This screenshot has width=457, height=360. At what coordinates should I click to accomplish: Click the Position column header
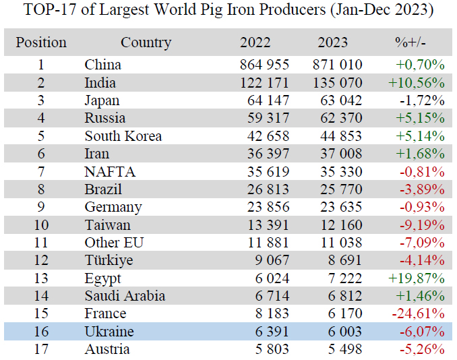click(41, 42)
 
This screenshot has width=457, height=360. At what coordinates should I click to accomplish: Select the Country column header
click(146, 42)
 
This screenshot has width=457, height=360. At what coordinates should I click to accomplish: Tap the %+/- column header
click(410, 42)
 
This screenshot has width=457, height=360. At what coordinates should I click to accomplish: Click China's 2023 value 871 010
click(338, 65)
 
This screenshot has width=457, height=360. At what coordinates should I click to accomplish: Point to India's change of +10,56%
click(417, 83)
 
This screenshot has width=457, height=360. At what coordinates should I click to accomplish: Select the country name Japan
click(102, 101)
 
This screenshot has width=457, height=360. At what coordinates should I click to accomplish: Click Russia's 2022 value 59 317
click(264, 119)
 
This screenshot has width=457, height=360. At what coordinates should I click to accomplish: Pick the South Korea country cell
click(123, 136)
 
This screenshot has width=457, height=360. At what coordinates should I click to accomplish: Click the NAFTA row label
click(110, 172)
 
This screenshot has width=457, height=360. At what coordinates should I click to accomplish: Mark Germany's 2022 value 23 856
click(264, 207)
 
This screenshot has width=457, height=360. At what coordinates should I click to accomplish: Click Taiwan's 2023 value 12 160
click(338, 225)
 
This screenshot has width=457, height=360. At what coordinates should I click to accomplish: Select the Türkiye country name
click(109, 260)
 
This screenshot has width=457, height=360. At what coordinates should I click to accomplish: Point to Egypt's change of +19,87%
click(417, 278)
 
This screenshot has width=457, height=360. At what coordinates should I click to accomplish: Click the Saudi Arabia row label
click(125, 296)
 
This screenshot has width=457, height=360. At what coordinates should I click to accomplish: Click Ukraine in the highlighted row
click(109, 332)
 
